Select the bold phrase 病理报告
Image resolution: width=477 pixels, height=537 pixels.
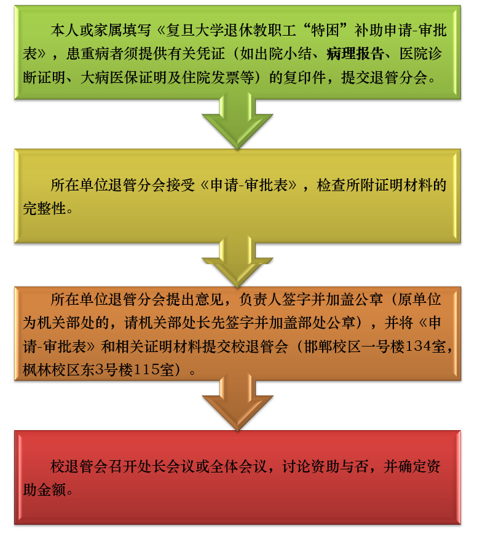pyautogui.click(x=355, y=54)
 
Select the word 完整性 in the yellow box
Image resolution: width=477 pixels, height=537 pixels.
pyautogui.click(x=44, y=208)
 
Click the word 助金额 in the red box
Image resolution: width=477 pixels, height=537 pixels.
pyautogui.click(x=44, y=490)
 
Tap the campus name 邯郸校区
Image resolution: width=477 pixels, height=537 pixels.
pyautogui.click(x=333, y=347)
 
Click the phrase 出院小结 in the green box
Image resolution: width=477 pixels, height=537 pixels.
pyautogui.click(x=283, y=54)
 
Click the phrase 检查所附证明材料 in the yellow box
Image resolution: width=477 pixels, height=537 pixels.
pyautogui.click(x=374, y=186)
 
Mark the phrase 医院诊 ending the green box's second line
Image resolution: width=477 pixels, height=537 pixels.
pyautogui.click(x=420, y=54)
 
